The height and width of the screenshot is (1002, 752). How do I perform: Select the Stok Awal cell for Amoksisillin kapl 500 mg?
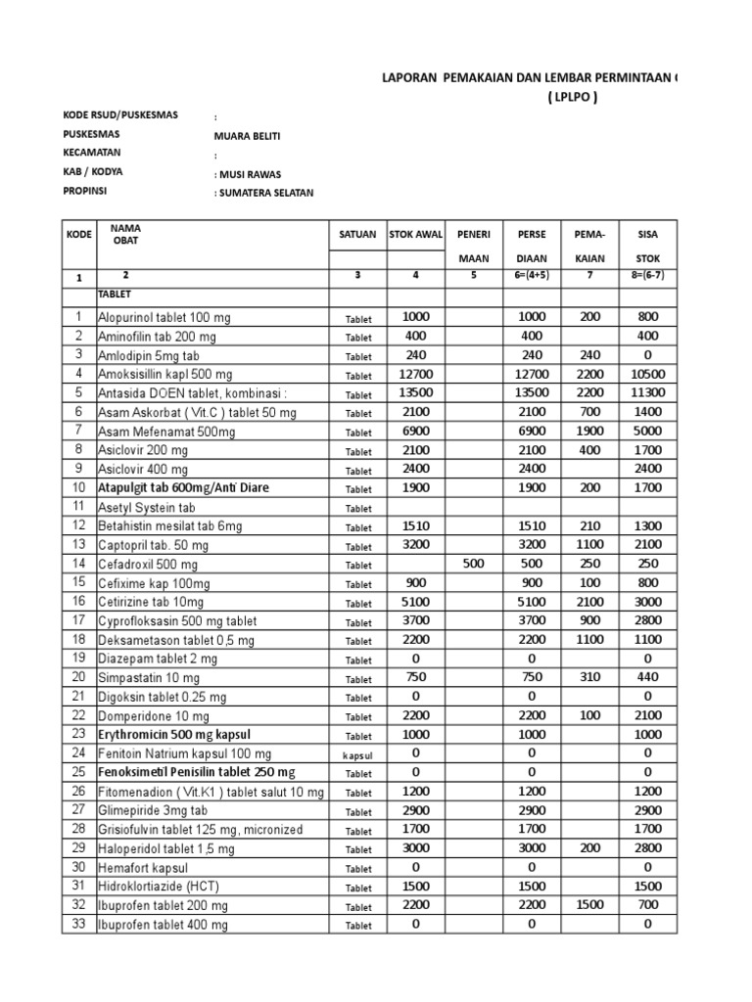(416, 375)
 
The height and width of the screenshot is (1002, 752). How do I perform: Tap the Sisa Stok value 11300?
(647, 393)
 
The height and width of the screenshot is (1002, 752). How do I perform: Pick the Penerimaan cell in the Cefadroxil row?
(474, 565)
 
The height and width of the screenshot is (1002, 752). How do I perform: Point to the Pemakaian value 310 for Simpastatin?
(590, 678)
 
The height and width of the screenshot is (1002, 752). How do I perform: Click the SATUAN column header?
(356, 235)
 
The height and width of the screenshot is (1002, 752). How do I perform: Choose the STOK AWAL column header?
(416, 235)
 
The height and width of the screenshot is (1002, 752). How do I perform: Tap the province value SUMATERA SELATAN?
(264, 193)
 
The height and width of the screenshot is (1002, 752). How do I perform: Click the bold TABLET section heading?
(115, 294)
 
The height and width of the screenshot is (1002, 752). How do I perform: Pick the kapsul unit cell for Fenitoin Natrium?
(357, 754)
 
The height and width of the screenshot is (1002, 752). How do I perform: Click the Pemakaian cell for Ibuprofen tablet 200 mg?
(590, 906)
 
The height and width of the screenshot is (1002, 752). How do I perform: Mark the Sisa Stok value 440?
(647, 678)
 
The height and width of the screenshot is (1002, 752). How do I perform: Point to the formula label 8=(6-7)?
(647, 276)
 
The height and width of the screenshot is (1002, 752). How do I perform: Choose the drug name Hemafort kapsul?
(142, 868)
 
